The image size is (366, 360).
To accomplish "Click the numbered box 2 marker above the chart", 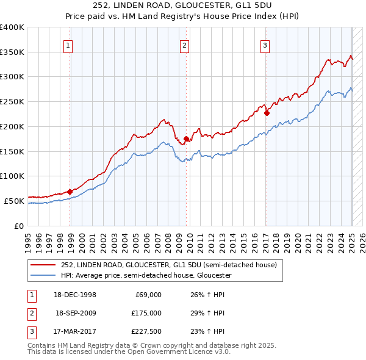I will click(x=184, y=45).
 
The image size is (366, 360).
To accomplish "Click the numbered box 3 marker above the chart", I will click(x=265, y=45).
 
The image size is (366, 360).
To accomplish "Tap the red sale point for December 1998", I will click(x=70, y=192).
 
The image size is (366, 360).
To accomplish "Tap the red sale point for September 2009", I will click(x=186, y=139).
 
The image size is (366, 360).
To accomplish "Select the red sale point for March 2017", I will click(x=267, y=112).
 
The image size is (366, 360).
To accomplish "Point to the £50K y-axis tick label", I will click(x=14, y=201).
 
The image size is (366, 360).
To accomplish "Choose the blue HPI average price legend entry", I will click(x=146, y=275).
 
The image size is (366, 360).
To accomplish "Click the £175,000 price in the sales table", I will click(x=146, y=313).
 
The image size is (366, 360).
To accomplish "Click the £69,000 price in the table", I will click(x=148, y=295).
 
